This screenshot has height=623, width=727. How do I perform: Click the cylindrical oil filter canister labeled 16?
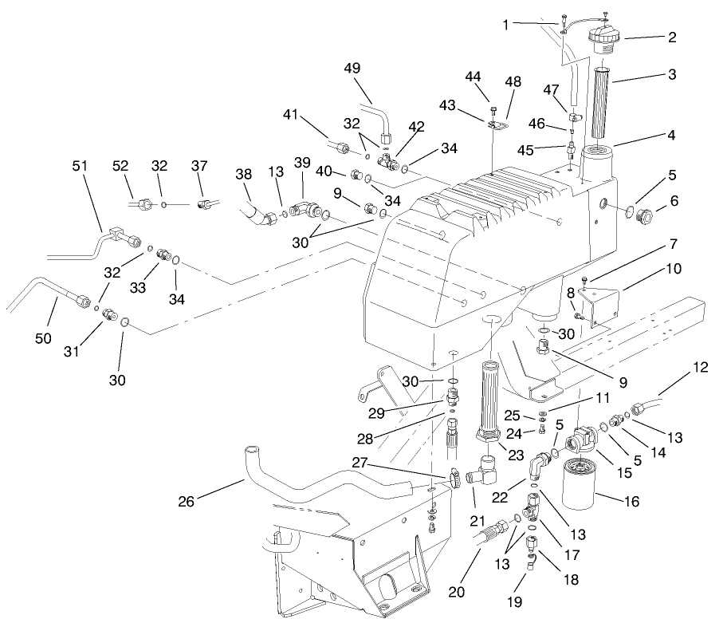coord(587,486)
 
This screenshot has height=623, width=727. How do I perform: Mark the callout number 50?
coord(43,338)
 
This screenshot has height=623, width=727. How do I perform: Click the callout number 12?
coord(700,368)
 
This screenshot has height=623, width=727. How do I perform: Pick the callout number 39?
coord(302,162)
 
